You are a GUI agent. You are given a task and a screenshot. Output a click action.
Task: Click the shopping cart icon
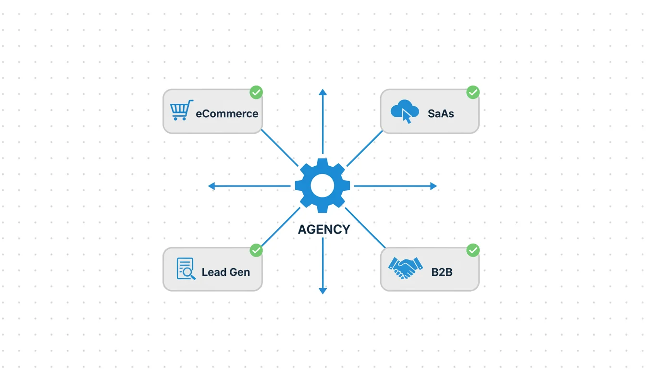(181, 111)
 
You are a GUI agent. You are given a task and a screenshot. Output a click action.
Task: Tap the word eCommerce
(227, 114)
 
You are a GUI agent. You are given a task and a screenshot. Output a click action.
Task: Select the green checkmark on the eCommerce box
(256, 92)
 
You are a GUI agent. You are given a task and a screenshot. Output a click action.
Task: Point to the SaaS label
(441, 114)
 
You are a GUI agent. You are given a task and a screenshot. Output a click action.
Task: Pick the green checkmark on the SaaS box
(473, 92)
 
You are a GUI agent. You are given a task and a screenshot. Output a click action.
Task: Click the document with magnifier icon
(186, 269)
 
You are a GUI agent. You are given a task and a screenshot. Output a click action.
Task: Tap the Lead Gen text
(225, 272)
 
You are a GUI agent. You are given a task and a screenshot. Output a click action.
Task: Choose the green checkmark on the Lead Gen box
(256, 250)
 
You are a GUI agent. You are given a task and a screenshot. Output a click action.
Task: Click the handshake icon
(405, 268)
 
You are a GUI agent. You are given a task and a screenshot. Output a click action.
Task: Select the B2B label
(442, 272)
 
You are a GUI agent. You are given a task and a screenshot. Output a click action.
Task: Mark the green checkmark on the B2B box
(473, 250)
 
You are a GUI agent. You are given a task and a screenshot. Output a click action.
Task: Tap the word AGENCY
(324, 230)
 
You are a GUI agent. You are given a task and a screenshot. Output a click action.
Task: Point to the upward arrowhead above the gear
(323, 92)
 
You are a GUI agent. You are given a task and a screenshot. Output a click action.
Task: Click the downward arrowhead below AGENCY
(323, 290)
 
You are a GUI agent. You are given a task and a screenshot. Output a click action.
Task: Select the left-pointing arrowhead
(211, 186)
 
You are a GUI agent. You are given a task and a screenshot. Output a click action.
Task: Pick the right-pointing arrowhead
(434, 186)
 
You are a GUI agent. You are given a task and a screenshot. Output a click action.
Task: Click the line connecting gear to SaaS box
(364, 148)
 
